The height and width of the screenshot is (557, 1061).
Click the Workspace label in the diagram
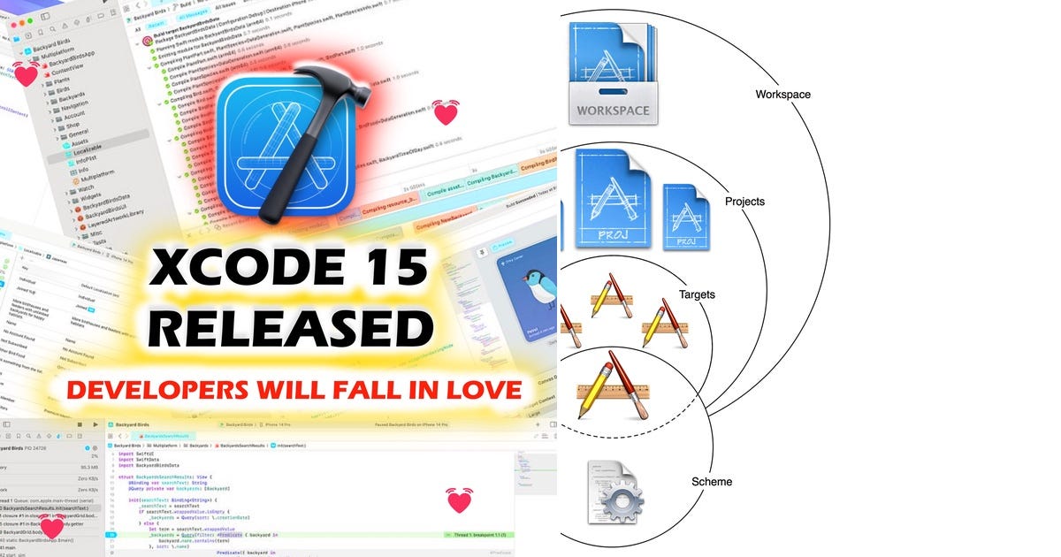[782, 95]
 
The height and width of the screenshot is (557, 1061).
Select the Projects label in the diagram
[744, 202]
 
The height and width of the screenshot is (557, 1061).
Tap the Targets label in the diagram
[697, 294]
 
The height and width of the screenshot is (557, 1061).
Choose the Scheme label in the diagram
[711, 482]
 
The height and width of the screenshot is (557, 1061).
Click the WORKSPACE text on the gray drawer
[613, 111]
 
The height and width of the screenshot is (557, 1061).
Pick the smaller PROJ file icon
[685, 217]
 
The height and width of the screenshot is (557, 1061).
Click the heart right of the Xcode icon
[446, 112]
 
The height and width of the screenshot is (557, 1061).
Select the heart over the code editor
[459, 500]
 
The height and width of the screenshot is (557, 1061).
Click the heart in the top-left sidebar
[27, 75]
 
